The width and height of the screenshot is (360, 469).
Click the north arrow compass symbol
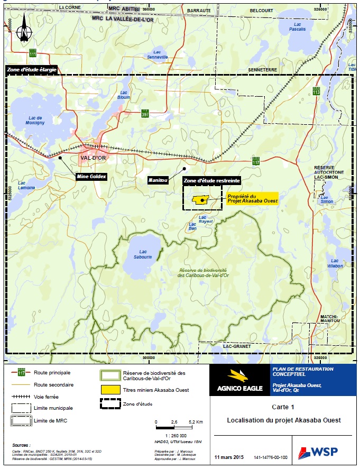[23, 32]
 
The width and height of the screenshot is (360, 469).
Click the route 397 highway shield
[145, 114]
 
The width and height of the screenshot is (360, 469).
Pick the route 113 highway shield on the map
[317, 91]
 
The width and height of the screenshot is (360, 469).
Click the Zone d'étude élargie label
[31, 70]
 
